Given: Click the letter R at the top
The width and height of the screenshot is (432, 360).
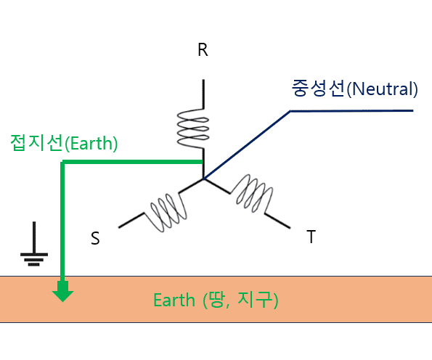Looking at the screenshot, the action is tap(203, 50).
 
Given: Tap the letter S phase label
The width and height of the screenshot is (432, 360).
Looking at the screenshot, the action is tap(95, 238).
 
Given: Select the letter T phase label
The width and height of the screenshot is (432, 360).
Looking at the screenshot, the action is tap(311, 237).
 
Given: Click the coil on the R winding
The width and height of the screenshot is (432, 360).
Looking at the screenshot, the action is tap(193, 128).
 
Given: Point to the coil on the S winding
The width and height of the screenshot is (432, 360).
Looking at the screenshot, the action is tap(168, 211).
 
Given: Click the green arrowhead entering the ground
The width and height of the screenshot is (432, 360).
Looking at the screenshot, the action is tap(63, 292).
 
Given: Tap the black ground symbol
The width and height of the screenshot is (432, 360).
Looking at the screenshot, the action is tap(34, 244).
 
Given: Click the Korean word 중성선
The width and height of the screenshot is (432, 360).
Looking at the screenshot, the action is tap(318, 88).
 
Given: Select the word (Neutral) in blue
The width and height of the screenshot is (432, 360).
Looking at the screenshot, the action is tap(382, 89).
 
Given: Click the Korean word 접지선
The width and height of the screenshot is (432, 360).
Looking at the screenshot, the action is tap(37, 142).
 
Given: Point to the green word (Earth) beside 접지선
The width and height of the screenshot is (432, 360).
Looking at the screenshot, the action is tap(91, 143).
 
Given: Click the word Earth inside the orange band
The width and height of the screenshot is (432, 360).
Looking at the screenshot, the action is tap(174, 300).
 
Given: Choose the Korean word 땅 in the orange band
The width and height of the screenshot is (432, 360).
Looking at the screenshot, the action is tap(217, 300).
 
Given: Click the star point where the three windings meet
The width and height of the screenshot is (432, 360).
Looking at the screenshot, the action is tap(203, 179).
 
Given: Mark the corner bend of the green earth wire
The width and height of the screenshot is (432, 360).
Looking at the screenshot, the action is tap(62, 162).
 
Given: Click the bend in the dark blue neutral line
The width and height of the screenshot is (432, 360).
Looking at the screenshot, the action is tap(290, 111).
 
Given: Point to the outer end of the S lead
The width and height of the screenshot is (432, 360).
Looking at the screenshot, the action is tap(119, 227).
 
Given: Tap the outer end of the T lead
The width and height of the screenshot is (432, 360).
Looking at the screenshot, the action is tap(290, 228).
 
